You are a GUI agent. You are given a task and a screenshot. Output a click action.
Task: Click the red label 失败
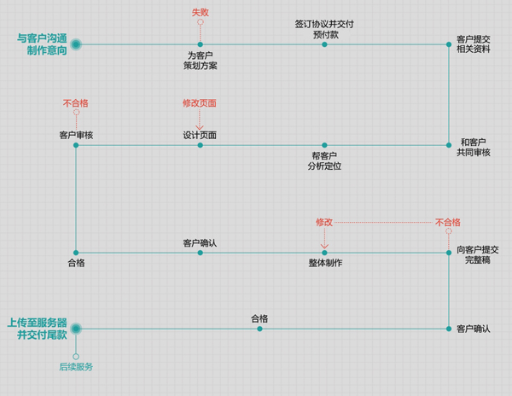coord(200,13)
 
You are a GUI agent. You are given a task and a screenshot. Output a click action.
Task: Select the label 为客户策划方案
coord(200,60)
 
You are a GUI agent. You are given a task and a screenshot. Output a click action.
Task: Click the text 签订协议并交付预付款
coord(324,30)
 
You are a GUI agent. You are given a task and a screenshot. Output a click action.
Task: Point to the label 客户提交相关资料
coord(473,45)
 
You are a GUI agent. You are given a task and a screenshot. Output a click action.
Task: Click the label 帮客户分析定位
coord(324,161)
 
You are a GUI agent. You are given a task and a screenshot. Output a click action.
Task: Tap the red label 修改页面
coord(200,103)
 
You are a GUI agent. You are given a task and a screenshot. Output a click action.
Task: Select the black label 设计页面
coord(200,135)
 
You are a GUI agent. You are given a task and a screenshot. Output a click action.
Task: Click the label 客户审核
coord(76,135)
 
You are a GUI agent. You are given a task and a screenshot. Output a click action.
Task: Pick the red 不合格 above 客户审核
coord(76,103)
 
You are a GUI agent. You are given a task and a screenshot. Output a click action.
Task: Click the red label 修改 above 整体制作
coord(324,222)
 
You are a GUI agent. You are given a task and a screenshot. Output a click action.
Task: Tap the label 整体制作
coord(325,263)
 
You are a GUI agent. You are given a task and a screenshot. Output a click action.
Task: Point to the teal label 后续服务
coord(76,367)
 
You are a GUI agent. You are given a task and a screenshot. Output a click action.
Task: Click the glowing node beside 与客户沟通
coord(76,44)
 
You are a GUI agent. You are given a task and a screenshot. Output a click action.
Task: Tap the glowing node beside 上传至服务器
coord(76,328)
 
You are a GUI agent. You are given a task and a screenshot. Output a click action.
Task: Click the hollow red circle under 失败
coord(200,23)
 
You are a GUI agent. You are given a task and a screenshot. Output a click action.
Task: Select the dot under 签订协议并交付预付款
coord(324,44)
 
